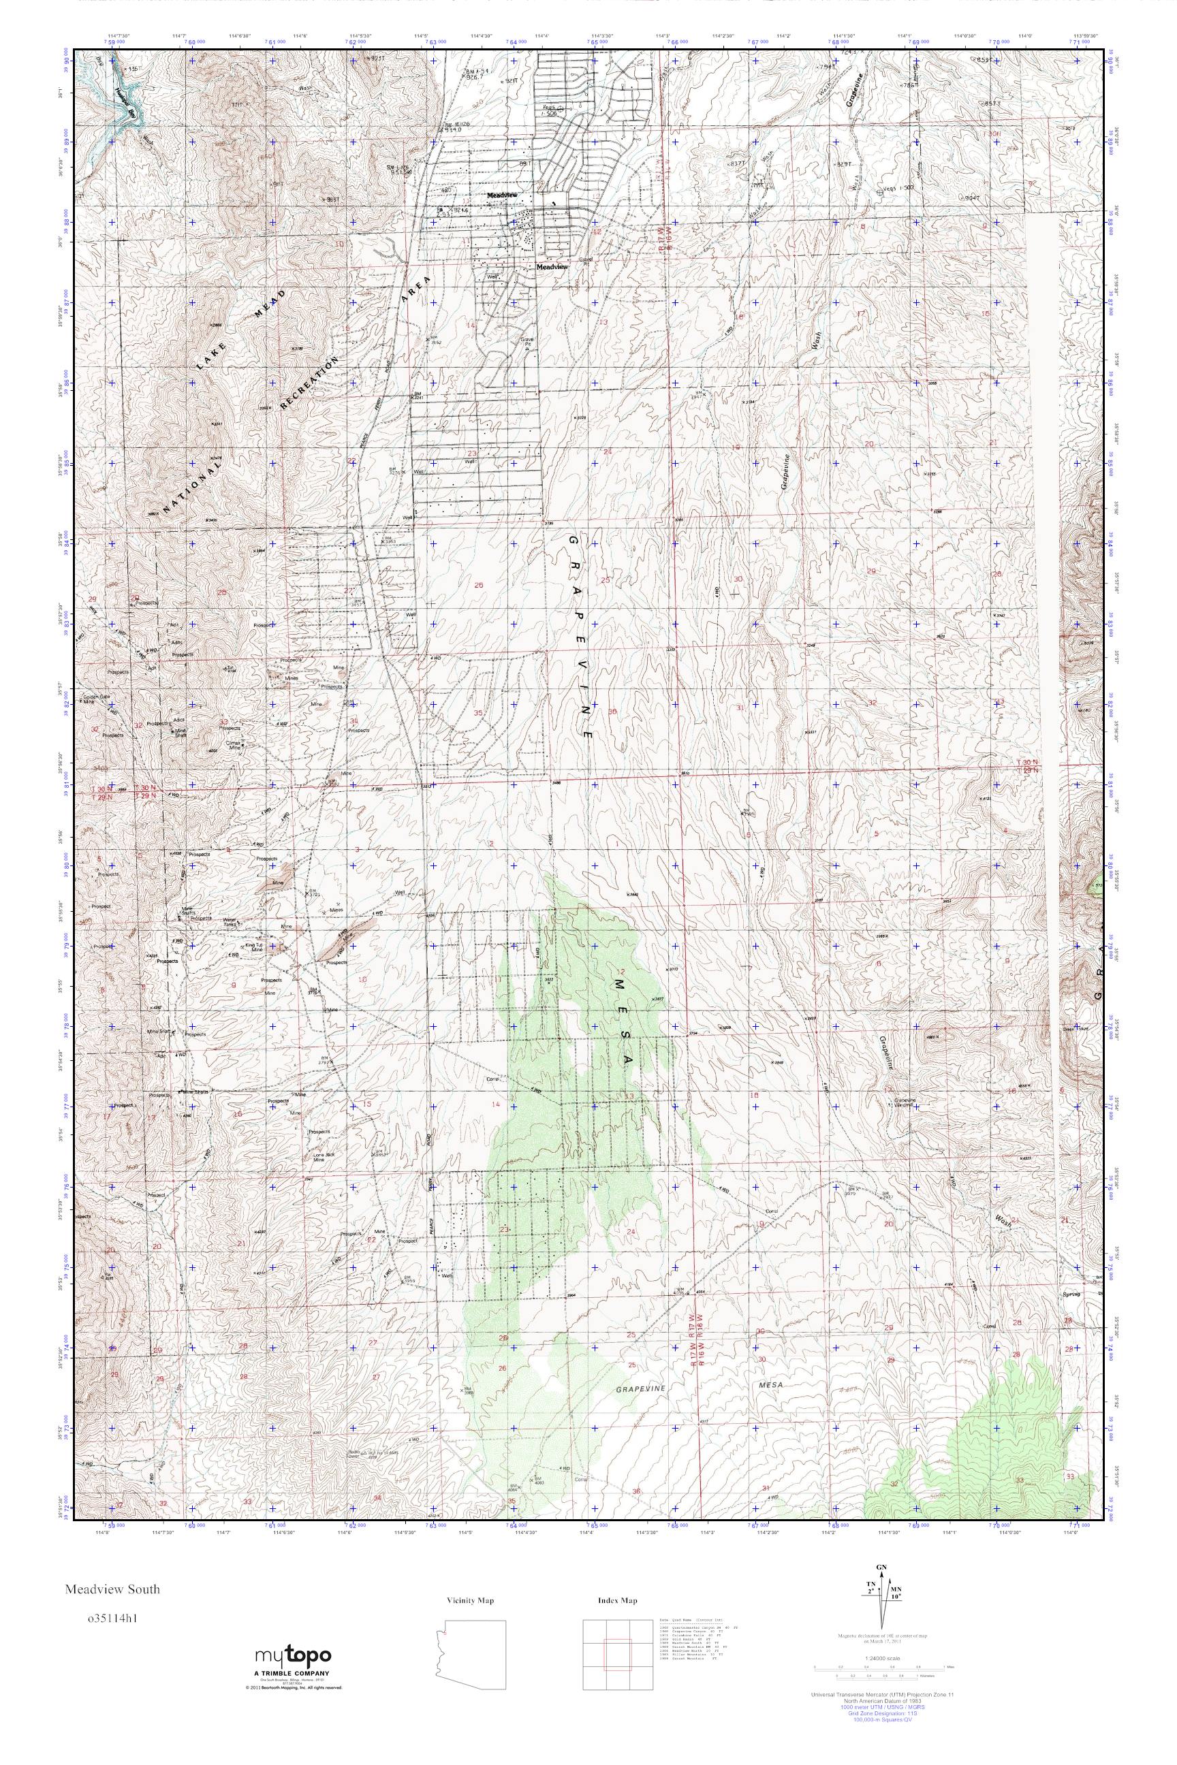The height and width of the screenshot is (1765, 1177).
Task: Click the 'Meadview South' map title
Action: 112,1589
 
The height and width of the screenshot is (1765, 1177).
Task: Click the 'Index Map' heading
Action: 618,1601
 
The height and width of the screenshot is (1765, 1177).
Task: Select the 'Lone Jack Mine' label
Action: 319,1156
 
